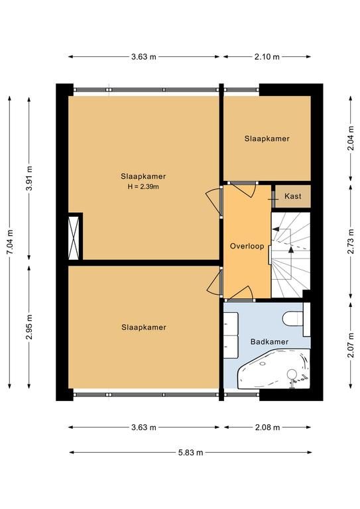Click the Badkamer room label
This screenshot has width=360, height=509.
(x=269, y=341)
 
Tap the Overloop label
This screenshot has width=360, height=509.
(x=247, y=246)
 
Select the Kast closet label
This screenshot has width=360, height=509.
(x=293, y=196)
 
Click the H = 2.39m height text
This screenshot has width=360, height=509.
(x=143, y=187)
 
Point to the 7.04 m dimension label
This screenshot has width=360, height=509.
(x=11, y=242)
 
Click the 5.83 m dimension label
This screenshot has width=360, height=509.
(x=190, y=453)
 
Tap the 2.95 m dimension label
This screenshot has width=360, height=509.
(x=30, y=327)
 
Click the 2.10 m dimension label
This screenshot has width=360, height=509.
(x=267, y=57)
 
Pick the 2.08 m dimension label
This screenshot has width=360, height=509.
(x=267, y=427)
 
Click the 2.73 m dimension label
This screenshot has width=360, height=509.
(x=351, y=241)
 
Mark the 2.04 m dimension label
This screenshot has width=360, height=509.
(x=351, y=139)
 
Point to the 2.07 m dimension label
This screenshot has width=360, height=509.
(x=351, y=345)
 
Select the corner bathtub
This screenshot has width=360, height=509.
(x=274, y=368)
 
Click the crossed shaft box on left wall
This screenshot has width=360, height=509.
(x=74, y=238)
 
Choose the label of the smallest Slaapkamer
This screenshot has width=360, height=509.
(x=267, y=139)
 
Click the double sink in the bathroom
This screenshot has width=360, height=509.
(x=231, y=335)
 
